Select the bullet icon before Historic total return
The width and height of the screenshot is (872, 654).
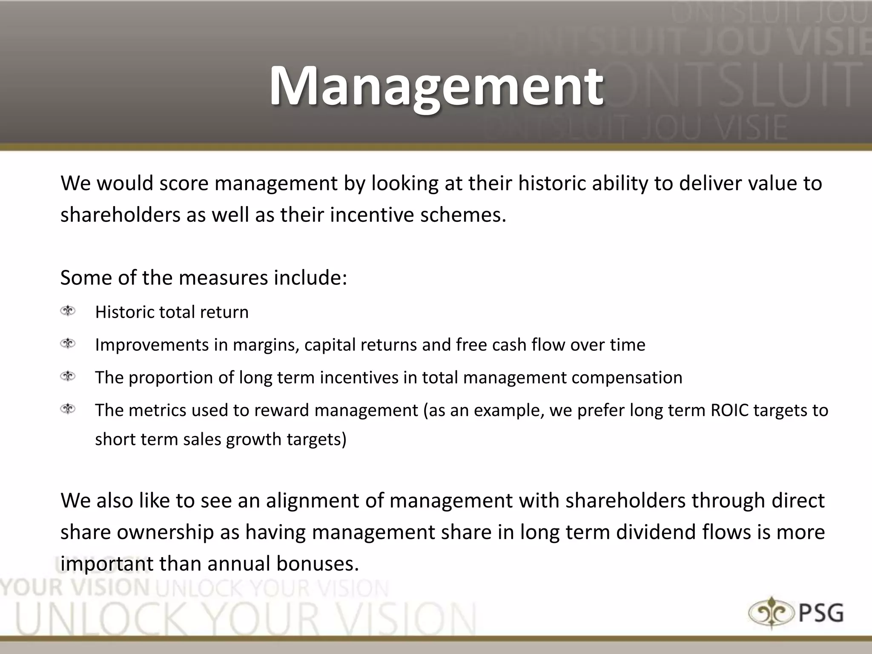coord(68,311)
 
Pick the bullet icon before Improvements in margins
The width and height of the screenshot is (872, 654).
coord(68,344)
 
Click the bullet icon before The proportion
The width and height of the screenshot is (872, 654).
coord(68,376)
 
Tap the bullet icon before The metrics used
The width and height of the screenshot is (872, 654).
coord(68,409)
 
